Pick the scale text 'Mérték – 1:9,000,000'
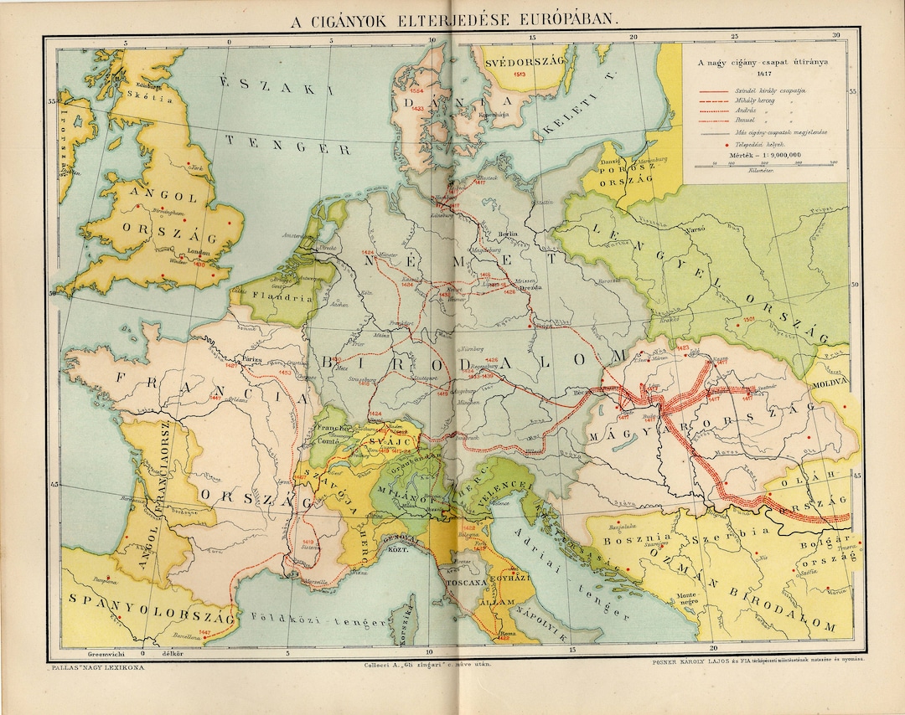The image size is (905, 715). [x=766, y=154]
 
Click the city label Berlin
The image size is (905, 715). [x=505, y=234]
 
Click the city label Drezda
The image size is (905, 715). [x=533, y=288]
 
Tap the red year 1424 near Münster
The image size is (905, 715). [x=365, y=252]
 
